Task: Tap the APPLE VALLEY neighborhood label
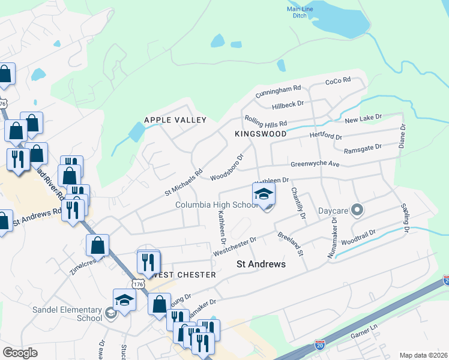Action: [x=175, y=120]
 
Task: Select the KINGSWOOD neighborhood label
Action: [x=261, y=134]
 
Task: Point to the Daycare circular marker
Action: [x=358, y=210]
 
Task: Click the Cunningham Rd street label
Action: [x=277, y=92]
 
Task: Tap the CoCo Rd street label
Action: [x=337, y=81]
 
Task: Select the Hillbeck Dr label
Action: [x=288, y=104]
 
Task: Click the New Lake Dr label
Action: [x=363, y=120]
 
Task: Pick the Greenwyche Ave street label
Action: [x=315, y=164]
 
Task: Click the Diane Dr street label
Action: [x=403, y=136]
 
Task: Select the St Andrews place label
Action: [x=261, y=264]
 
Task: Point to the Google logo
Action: [x=20, y=352]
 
